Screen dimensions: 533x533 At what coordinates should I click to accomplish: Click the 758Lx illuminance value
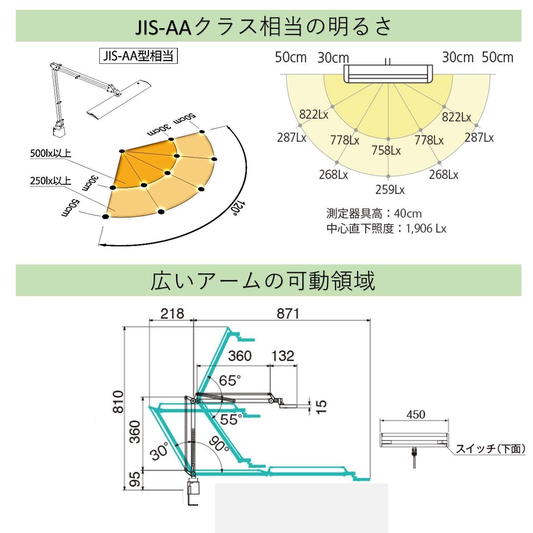tap(386, 151)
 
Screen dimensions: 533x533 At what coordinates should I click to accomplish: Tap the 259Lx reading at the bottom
tap(390, 190)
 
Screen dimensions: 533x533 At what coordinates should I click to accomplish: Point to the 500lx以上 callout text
tap(51, 153)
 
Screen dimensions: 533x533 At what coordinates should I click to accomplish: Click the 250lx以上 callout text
tap(51, 181)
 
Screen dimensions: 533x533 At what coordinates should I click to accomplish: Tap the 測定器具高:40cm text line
tap(374, 214)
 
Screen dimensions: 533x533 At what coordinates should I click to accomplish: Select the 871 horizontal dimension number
tap(288, 313)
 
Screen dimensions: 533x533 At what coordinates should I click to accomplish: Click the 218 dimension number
tap(172, 313)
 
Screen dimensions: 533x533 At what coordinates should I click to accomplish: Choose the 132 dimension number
tap(283, 356)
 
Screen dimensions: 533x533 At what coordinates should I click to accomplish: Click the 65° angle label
tap(230, 381)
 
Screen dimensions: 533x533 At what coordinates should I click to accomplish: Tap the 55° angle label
tap(231, 419)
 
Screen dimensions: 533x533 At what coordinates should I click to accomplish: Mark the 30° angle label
tap(159, 452)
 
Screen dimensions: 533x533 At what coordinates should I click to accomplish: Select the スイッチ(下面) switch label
tap(490, 449)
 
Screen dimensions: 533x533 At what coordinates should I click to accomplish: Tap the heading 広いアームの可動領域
tap(263, 281)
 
